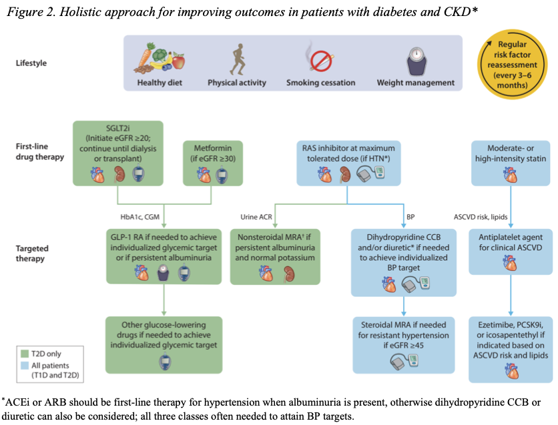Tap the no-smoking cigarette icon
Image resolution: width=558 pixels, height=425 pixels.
(x=320, y=58)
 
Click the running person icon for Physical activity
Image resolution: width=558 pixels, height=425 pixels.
(x=237, y=59)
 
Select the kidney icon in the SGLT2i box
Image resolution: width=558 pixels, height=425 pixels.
(x=120, y=174)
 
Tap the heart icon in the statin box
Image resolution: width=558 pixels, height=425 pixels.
(x=510, y=175)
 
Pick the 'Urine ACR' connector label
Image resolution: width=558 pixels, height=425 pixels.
(x=256, y=217)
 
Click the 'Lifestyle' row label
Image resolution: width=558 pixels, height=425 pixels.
(x=32, y=63)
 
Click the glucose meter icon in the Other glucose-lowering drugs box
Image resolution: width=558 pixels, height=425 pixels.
(x=163, y=362)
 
